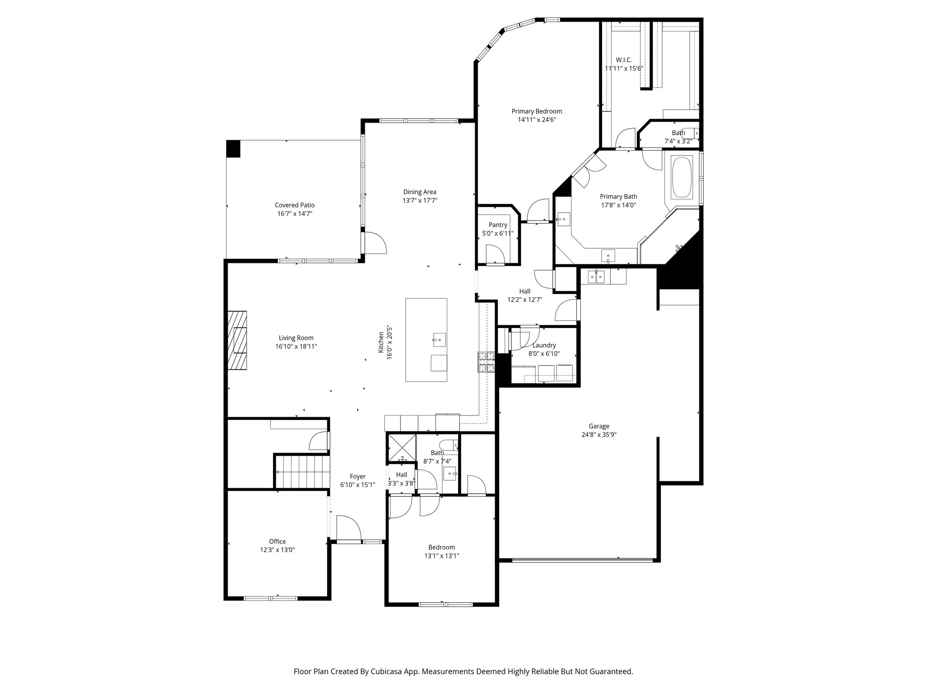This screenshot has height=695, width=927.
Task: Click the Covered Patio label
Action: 295,205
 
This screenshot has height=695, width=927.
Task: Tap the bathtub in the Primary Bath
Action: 682,177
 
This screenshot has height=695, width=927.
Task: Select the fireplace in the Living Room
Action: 237,340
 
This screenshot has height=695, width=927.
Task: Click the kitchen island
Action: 426,340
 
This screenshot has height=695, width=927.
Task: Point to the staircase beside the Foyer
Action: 301,471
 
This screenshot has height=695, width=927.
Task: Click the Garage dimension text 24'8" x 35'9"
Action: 599,435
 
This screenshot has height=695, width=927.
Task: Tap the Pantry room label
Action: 497,225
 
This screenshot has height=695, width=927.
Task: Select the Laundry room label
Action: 544,345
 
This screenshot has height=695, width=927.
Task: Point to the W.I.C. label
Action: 624,60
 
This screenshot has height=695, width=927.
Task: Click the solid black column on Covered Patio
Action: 234,149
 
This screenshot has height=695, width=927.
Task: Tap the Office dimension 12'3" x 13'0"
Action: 277,550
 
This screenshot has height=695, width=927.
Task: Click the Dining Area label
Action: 420,192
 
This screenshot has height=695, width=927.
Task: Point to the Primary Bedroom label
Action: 536,111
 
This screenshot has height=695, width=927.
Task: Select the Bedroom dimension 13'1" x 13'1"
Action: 441,556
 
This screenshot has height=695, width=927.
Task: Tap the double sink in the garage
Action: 596,276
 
